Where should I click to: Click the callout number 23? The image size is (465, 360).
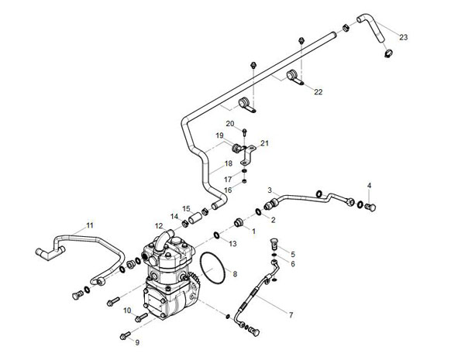[403, 36]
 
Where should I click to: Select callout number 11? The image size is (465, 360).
[90, 225]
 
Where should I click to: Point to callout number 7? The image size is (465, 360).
[291, 315]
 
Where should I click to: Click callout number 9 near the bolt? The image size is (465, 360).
[137, 341]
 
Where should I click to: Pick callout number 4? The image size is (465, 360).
[370, 186]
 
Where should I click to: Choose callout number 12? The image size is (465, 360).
[159, 225]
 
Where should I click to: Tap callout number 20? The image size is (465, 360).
[230, 123]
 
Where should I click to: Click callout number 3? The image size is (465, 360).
[269, 190]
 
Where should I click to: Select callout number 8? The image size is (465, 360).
[235, 274]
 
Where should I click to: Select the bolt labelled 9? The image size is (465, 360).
[125, 335]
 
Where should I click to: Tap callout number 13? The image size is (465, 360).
[232, 244]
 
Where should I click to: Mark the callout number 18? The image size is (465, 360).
[228, 164]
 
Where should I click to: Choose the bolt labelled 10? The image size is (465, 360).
[141, 316]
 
